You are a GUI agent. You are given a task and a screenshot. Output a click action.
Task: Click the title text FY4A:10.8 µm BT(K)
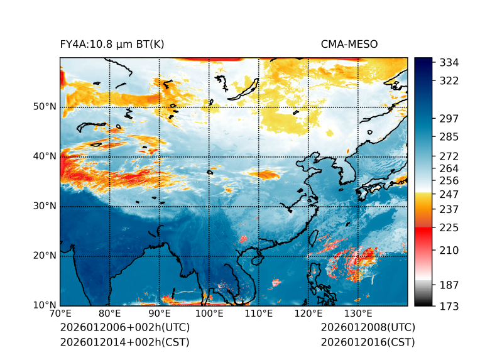pos(112,44)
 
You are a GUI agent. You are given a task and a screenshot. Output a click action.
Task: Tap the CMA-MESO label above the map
pos(349,44)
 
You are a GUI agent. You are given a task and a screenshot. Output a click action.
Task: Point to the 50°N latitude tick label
pos(45,107)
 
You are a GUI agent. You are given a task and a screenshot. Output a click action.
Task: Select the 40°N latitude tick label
pos(45,156)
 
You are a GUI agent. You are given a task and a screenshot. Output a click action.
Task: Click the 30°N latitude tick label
pos(45,206)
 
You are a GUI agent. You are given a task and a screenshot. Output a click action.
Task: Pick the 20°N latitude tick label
pos(45,256)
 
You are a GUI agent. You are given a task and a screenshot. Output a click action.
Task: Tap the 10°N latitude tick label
pos(45,305)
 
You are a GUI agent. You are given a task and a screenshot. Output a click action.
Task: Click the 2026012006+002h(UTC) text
pos(124,327)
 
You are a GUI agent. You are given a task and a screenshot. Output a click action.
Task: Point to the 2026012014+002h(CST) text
pos(124,342)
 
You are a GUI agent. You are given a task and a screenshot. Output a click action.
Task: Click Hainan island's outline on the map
pos(256,259)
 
